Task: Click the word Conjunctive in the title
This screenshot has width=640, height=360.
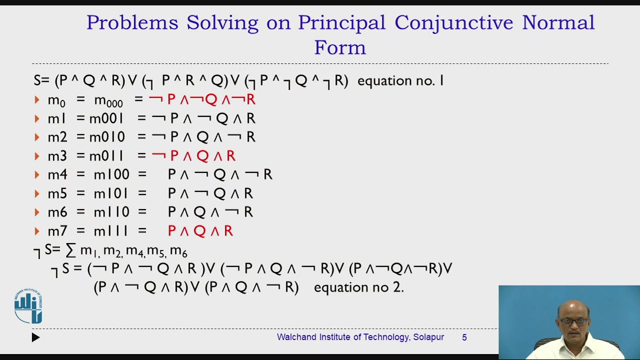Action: coord(453,23)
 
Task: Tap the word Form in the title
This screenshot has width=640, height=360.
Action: coord(340,48)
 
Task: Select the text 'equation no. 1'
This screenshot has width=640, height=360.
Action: coord(400,81)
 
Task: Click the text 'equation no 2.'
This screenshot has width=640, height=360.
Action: coord(358,287)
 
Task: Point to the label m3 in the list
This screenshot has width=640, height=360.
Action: coord(57,156)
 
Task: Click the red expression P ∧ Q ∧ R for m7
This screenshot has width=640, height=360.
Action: coord(200,231)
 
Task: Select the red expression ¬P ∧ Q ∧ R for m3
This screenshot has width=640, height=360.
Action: coord(193,156)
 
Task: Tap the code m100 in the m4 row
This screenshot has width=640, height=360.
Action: coord(111,175)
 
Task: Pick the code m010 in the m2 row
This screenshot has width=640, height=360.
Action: coord(107,137)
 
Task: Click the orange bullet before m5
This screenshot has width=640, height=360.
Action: coord(37,193)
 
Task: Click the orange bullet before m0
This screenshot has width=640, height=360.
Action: coord(37,100)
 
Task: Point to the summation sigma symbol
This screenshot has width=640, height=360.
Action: coord(71,250)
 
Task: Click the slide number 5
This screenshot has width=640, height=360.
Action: coord(464,337)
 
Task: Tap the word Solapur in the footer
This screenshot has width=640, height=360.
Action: coord(428,337)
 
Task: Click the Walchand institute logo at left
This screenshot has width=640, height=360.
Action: coord(28,306)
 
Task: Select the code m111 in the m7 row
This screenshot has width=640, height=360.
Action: coord(111,231)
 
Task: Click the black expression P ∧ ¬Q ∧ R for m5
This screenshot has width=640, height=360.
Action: coord(210,193)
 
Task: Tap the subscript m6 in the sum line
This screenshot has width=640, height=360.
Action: coord(178,251)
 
